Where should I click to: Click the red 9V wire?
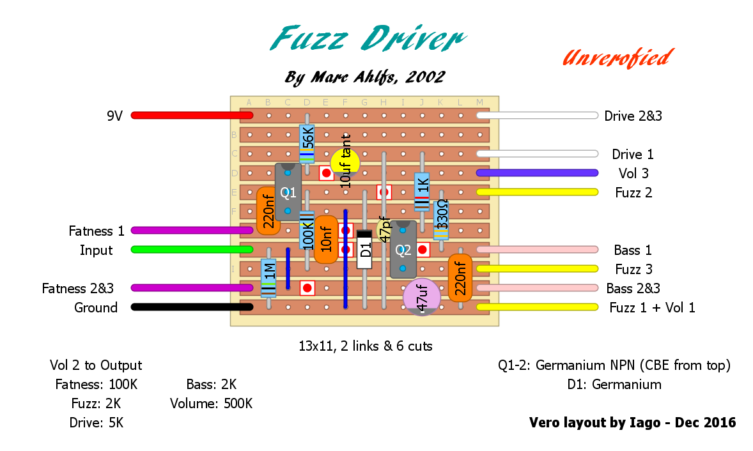pos(192,116)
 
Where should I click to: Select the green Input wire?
pos(192,249)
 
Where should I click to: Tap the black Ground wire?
pos(192,307)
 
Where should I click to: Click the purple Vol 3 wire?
pos(537,173)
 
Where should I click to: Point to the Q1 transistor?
pos(288,192)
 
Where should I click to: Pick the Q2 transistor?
pos(403,249)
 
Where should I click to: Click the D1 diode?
pos(364,249)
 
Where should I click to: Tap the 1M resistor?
pos(268,279)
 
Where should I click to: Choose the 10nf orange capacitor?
pos(326,240)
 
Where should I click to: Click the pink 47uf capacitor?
pos(422,297)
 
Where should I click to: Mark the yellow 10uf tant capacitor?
pos(345,161)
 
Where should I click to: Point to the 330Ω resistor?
pos(441,220)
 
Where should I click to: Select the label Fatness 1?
pos(97,231)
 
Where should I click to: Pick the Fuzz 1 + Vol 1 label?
pos(652,307)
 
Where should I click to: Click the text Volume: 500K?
pos(211,404)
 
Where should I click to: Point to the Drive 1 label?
pos(632,155)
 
